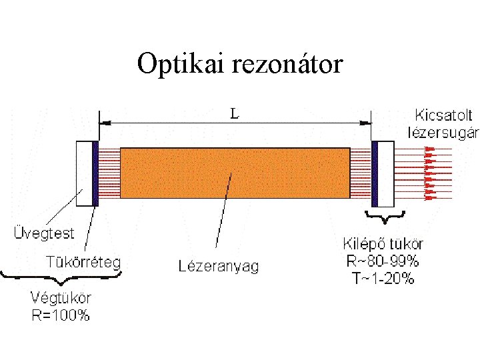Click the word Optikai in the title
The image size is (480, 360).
click(180, 65)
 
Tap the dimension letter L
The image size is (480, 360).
click(235, 113)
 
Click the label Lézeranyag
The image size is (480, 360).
click(218, 267)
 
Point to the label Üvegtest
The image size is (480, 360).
click(44, 234)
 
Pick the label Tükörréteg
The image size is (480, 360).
click(83, 261)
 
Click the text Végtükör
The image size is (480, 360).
click(61, 298)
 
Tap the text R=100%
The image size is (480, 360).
click(61, 315)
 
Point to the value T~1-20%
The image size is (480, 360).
click(383, 279)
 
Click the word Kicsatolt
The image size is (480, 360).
click(443, 114)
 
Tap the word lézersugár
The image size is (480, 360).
click(443, 131)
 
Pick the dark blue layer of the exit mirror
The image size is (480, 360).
click(375, 173)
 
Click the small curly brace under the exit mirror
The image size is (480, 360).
click(385, 217)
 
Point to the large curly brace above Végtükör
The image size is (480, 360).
click(61, 278)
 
